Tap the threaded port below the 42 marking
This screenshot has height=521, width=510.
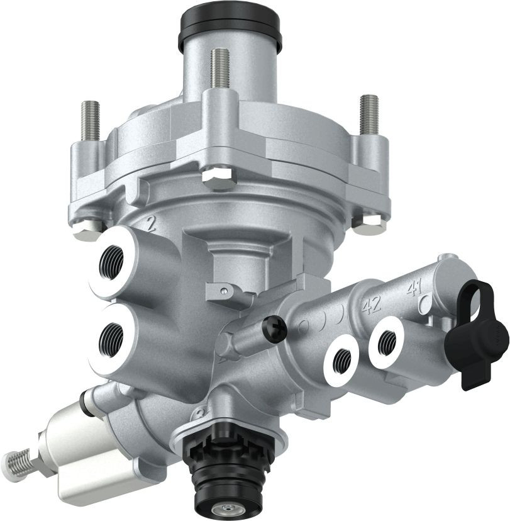coord(343,359)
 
